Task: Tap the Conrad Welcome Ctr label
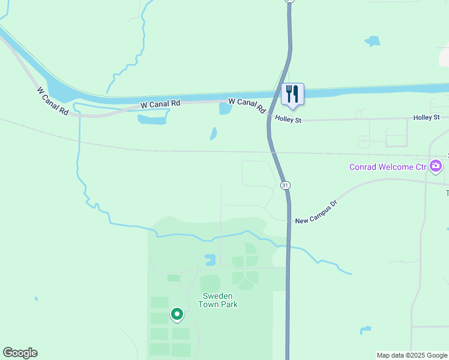point(388,166)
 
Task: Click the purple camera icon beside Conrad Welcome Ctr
point(436,166)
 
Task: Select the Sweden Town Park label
point(220,300)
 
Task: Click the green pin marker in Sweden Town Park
point(177,314)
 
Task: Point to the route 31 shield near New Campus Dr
point(285,185)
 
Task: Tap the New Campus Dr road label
point(316,212)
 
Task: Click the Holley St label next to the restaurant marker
point(288,119)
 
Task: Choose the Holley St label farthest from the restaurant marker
point(426,118)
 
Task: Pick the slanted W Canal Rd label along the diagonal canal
point(52,102)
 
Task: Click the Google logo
point(20,353)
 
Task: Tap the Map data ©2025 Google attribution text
point(412,355)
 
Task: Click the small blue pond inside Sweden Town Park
point(210,260)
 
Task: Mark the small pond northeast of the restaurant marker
point(372,41)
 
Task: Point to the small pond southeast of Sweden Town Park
point(365,330)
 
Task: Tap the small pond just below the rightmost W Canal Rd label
point(225,109)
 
